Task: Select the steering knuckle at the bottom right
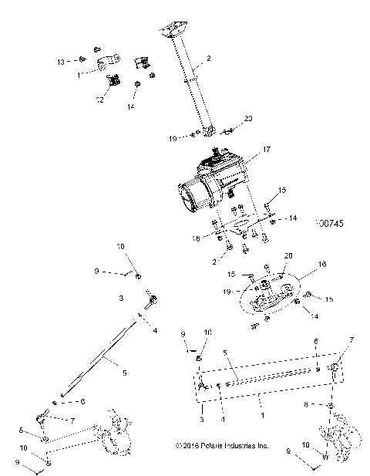[339, 436]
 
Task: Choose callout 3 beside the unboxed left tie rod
[121, 296]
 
